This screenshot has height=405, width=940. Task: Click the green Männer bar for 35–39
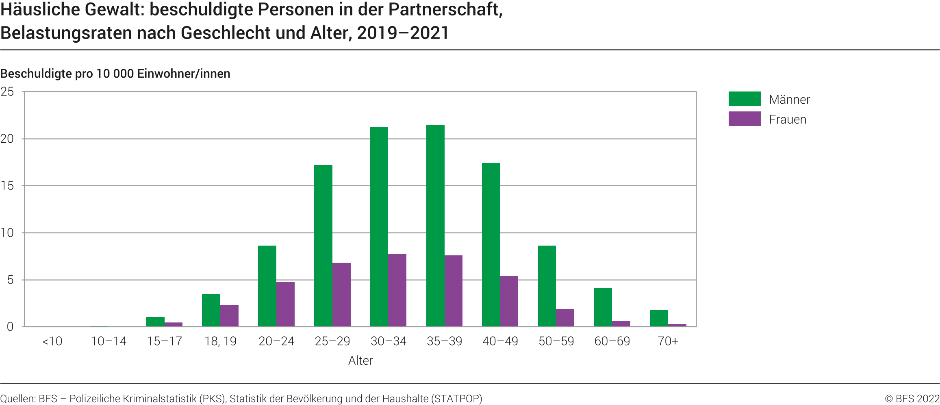[x=435, y=226]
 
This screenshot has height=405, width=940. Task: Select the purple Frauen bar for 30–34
[x=397, y=290]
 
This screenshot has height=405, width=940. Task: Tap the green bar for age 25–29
[x=323, y=246]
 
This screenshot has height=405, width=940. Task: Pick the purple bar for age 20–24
[x=285, y=304]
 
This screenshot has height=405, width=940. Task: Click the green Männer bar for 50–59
[x=547, y=286]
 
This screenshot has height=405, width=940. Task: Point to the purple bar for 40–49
[x=509, y=301]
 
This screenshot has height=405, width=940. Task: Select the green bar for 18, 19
[x=211, y=310]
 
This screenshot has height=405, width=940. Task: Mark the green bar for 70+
[x=659, y=318]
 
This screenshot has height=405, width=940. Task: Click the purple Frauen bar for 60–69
[x=621, y=324]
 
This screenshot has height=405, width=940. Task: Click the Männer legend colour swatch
[x=744, y=99]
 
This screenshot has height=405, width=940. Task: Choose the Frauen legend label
[x=788, y=120]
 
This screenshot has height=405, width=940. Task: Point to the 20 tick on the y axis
[x=7, y=139]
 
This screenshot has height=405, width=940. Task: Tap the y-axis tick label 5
[x=10, y=280]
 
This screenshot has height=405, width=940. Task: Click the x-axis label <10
[x=52, y=341]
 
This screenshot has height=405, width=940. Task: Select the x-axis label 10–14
[x=109, y=341]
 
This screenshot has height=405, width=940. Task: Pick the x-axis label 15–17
[x=165, y=341]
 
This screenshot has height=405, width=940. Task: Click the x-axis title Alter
[x=360, y=361]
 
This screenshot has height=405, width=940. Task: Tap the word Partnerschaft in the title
[x=445, y=10]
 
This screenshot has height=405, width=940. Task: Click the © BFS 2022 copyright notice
[x=912, y=398]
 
